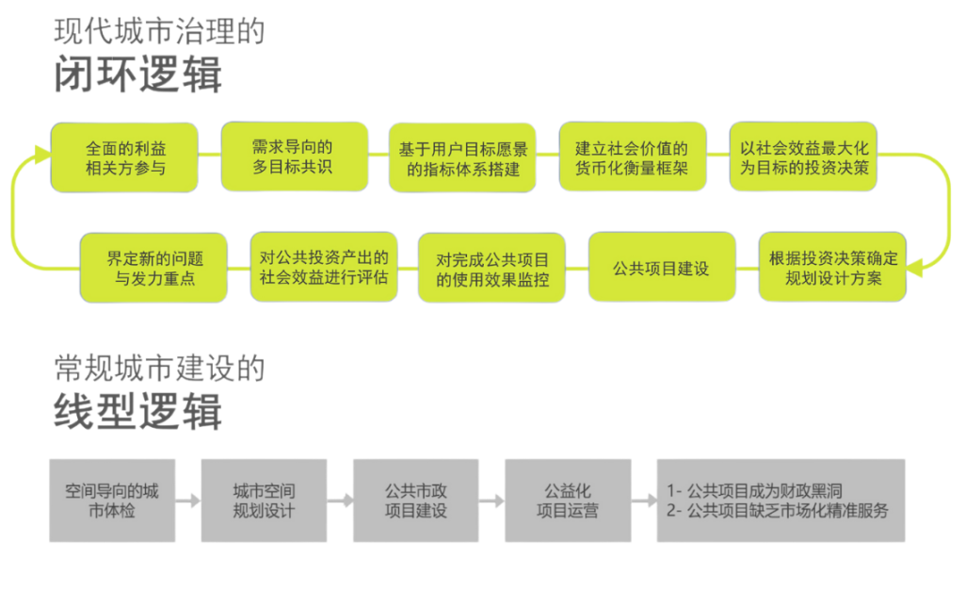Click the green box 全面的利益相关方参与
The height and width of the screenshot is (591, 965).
click(x=124, y=157)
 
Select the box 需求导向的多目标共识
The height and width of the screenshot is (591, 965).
click(x=293, y=156)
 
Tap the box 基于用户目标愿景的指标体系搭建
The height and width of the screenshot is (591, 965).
click(x=461, y=157)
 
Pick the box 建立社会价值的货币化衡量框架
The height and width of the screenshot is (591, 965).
click(x=632, y=157)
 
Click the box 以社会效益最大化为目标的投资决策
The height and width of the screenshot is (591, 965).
click(x=803, y=157)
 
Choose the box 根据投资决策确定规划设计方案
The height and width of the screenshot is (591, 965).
click(x=833, y=268)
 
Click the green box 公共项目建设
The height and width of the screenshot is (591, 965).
click(x=661, y=268)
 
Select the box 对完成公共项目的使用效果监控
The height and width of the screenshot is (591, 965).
click(x=491, y=268)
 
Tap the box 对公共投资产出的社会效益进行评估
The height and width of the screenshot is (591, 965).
click(x=323, y=268)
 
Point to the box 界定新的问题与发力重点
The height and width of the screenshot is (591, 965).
click(x=153, y=268)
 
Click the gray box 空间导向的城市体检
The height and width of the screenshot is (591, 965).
click(x=112, y=501)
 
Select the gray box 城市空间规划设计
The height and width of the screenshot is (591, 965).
click(x=264, y=501)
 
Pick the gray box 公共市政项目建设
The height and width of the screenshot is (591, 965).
click(x=415, y=501)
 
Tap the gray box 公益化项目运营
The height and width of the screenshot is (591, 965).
click(x=567, y=501)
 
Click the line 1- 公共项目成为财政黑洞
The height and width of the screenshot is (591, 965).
click(x=753, y=491)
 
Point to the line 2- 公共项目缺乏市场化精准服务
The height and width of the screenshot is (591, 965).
click(x=777, y=511)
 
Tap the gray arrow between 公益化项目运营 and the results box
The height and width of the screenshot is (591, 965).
click(x=643, y=501)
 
